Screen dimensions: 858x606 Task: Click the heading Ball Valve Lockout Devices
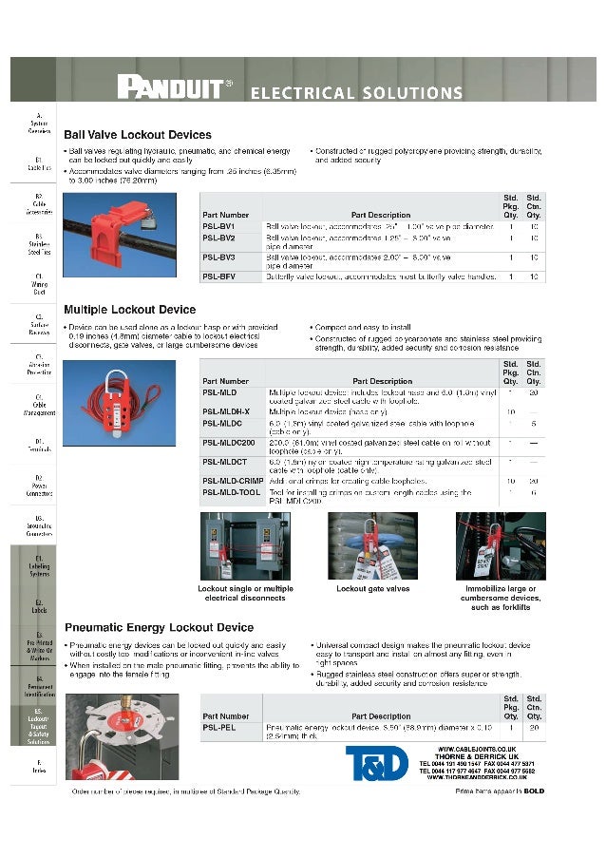pos(137,135)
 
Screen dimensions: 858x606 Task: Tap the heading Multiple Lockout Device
pos(129,310)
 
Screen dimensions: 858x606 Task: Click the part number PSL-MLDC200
pos(229,443)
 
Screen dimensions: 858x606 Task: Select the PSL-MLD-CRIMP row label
pos(233,481)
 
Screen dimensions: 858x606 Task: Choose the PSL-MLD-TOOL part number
pos(232,492)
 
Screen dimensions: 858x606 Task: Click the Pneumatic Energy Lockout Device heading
pos(159,628)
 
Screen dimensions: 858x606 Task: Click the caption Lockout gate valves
pos(372,589)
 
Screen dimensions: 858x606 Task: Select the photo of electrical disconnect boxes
pos(245,546)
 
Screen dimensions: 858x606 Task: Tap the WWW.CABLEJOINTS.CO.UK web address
pos(483,750)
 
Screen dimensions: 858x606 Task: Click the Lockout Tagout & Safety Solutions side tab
pos(38,726)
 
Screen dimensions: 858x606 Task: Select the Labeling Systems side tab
pos(39,567)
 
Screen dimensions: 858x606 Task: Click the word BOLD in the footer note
pos(534,791)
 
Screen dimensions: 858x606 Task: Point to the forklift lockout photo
pos(501,546)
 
